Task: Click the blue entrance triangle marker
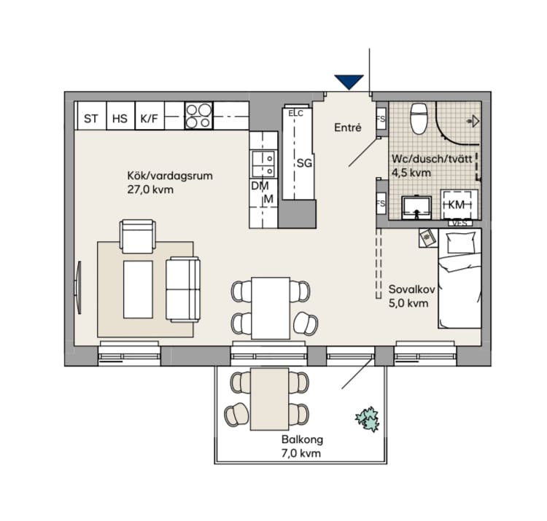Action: [349, 82]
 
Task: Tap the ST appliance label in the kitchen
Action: [91, 118]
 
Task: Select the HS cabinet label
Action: [120, 118]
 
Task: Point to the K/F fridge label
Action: [149, 118]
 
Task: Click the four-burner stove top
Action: [198, 115]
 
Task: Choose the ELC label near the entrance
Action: [295, 114]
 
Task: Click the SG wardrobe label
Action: [304, 163]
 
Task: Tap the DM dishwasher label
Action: [260, 186]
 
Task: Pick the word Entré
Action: [348, 128]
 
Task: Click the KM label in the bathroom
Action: [456, 204]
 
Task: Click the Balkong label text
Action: [302, 440]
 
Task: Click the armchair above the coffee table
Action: [138, 235]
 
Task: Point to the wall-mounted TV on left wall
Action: [79, 288]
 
